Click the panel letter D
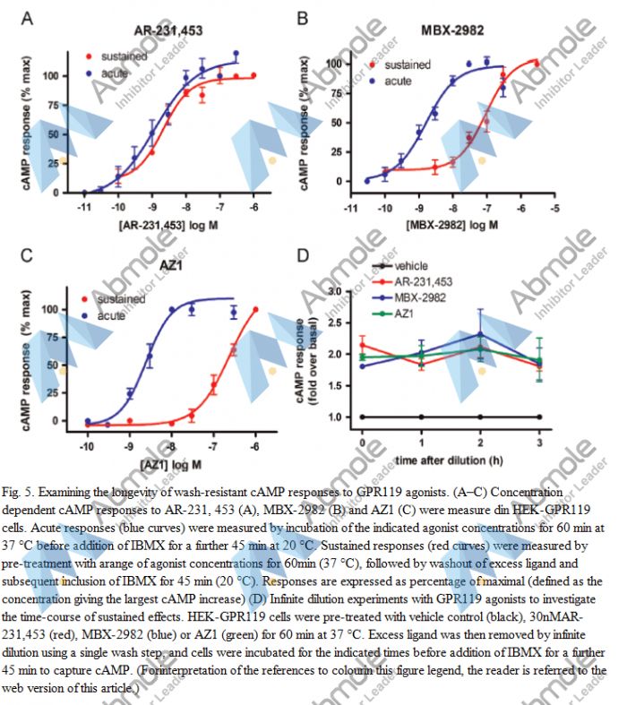click(303, 256)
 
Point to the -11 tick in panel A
click(84, 207)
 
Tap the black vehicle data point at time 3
click(539, 417)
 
